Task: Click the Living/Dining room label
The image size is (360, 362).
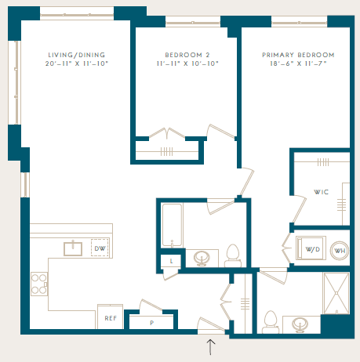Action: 77,55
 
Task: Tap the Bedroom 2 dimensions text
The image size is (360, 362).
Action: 187,63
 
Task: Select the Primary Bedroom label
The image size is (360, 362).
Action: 298,55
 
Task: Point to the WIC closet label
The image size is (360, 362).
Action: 321,192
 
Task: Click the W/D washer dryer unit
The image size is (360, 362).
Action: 311,248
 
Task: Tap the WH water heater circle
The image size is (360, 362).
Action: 340,251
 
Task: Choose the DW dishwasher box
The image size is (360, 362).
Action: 100,248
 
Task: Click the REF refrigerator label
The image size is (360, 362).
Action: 111,318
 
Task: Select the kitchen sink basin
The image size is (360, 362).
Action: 73,248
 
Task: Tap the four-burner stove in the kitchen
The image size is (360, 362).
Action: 39,284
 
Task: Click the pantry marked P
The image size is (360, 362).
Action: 151,323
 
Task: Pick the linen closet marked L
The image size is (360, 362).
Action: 171,261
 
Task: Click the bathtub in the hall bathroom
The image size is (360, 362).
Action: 172,225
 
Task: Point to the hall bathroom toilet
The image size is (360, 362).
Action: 233,255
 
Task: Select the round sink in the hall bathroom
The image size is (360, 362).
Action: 202,258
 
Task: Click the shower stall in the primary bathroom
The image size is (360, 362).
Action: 336,293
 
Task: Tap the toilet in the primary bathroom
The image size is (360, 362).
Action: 271,322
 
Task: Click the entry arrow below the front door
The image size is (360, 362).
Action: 211,347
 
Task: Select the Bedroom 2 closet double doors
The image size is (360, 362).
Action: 167,133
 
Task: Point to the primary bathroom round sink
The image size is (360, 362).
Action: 300,324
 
